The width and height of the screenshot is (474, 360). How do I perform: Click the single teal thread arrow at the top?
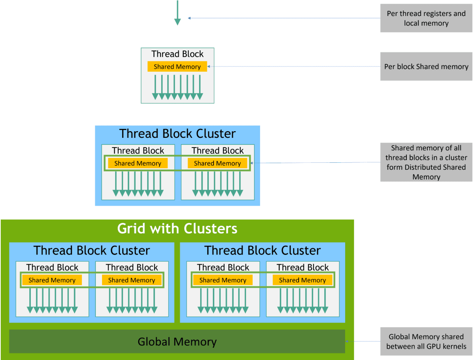click(x=178, y=13)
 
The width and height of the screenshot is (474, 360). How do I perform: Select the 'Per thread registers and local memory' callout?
click(x=426, y=18)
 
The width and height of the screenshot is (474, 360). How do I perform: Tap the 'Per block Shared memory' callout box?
click(x=426, y=67)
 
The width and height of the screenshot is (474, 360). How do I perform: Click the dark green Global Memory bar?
click(x=177, y=341)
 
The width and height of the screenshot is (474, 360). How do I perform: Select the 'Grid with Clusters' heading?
click(x=177, y=228)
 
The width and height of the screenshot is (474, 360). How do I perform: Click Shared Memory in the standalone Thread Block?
click(x=177, y=67)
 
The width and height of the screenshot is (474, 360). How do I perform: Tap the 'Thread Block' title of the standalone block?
click(x=178, y=54)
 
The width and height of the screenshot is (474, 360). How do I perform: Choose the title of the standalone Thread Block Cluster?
click(x=178, y=133)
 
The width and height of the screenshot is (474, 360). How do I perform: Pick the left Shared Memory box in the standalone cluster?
click(x=138, y=163)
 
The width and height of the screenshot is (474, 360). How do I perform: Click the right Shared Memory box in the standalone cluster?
click(x=217, y=163)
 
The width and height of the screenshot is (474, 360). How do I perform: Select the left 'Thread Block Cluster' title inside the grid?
click(x=92, y=250)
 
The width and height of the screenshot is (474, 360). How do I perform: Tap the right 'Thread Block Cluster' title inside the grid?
click(x=263, y=250)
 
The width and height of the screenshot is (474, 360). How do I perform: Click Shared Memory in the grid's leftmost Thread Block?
click(x=52, y=280)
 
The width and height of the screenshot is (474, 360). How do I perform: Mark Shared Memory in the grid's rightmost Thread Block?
click(x=302, y=280)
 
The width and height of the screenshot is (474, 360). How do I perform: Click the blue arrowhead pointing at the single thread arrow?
click(x=189, y=18)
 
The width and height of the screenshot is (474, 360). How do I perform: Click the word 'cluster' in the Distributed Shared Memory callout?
click(x=456, y=158)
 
